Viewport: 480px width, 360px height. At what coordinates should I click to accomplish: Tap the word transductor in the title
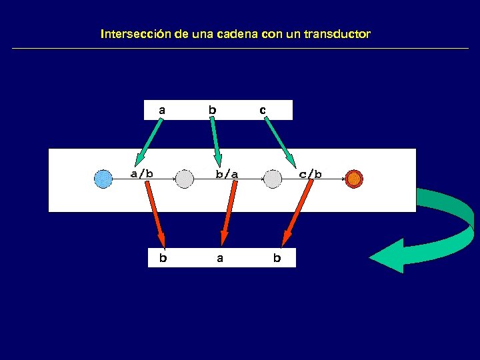pyautogui.click(x=337, y=33)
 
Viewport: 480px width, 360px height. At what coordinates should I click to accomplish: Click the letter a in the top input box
pyautogui.click(x=161, y=109)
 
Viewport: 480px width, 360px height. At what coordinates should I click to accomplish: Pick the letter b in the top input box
pyautogui.click(x=212, y=109)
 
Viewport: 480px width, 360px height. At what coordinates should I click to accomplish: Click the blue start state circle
pyautogui.click(x=103, y=179)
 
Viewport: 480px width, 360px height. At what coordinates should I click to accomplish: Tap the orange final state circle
pyautogui.click(x=354, y=179)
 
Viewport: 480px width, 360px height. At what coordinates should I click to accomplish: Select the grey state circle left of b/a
pyautogui.click(x=185, y=179)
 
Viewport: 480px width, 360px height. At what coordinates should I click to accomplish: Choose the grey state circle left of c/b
pyautogui.click(x=272, y=179)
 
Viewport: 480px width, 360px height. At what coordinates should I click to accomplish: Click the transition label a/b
pyautogui.click(x=141, y=174)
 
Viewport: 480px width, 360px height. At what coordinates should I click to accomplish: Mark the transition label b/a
pyautogui.click(x=227, y=175)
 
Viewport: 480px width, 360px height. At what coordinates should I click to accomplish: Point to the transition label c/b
pyautogui.click(x=311, y=175)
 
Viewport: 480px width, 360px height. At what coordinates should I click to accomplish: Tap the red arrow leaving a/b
pyautogui.click(x=155, y=213)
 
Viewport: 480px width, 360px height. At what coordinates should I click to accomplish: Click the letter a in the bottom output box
pyautogui.click(x=220, y=258)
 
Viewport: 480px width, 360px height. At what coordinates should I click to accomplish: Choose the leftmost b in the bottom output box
pyautogui.click(x=163, y=258)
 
